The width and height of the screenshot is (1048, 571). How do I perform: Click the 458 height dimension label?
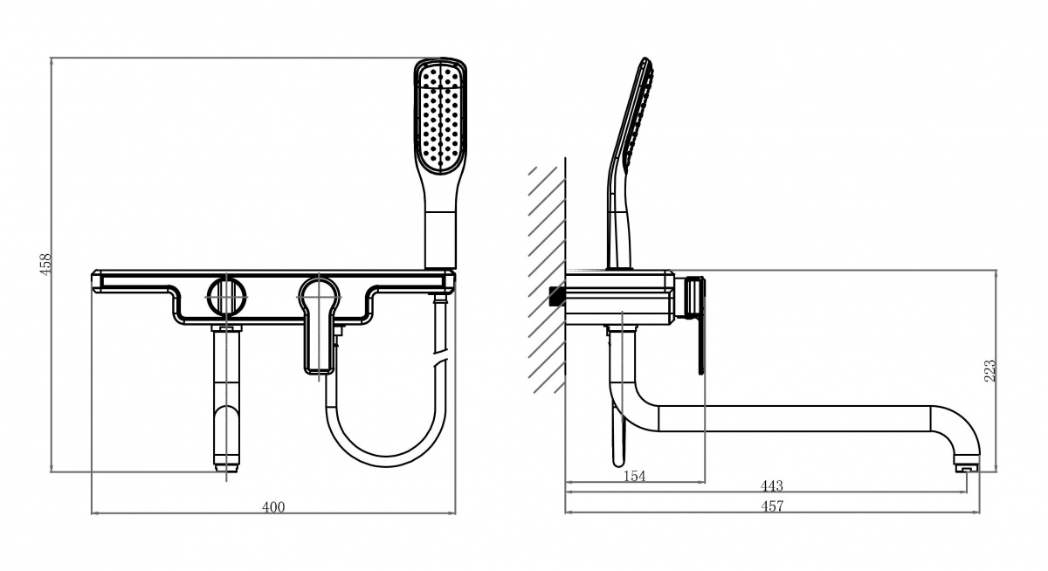pos(45,265)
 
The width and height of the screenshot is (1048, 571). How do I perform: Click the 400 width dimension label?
pos(273,507)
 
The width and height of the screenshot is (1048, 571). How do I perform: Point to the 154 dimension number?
pos(634,476)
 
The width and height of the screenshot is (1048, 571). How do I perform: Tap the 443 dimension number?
pos(771,486)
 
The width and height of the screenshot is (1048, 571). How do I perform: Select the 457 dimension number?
pos(772,506)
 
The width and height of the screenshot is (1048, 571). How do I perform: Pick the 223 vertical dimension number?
pos(990,371)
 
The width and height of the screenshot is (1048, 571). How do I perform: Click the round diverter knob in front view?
pos(227,297)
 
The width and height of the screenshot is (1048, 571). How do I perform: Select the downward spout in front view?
pos(227,398)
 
